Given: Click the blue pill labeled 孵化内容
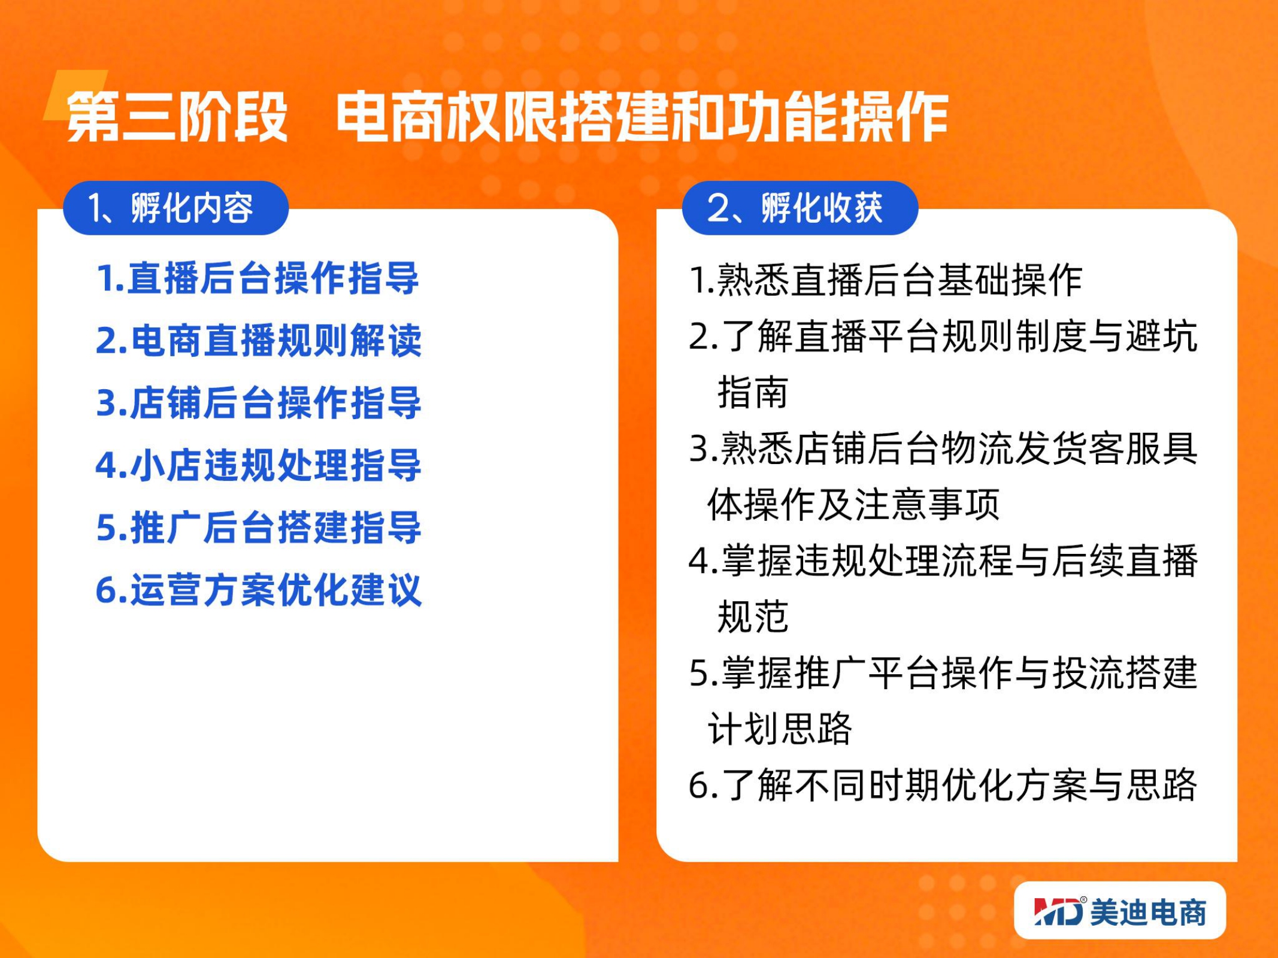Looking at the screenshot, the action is click(175, 208).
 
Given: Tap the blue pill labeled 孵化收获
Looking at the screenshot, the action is click(800, 208).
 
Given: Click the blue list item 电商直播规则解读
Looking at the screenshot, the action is click(259, 341).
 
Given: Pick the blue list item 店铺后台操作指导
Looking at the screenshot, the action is click(259, 403).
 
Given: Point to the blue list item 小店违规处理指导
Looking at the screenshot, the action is click(259, 465).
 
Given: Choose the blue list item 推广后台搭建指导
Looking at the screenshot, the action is click(259, 527).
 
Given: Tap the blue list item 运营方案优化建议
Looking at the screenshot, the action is click(259, 590).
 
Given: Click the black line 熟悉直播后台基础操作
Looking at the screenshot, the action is click(886, 280).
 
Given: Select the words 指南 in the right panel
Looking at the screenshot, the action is click(753, 392).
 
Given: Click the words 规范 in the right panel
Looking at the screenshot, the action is click(753, 616).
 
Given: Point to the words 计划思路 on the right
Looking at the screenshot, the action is click(780, 728).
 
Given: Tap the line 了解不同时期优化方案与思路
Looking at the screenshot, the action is click(943, 784).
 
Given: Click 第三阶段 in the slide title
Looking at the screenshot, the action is click(177, 117).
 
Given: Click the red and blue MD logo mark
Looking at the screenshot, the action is click(1059, 911).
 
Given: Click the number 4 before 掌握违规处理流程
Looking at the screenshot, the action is click(699, 561).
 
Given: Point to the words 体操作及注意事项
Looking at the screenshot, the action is click(854, 504).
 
